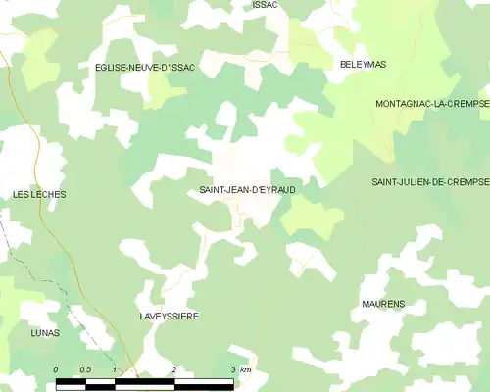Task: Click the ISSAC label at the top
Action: point(265,5)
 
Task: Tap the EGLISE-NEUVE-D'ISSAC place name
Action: point(145,67)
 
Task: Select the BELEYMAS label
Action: point(363,64)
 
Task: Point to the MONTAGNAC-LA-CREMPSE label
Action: point(431,103)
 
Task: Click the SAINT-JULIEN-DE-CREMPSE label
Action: point(429,182)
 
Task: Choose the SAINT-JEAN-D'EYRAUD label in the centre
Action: point(247,189)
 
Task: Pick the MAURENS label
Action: point(383,305)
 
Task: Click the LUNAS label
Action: point(44,333)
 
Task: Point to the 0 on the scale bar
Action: point(56,368)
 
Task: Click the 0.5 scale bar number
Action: point(85,368)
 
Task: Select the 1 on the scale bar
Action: point(115,368)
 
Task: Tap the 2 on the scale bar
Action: point(173,368)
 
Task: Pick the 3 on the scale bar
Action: point(232,368)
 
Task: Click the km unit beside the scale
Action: point(246,368)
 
